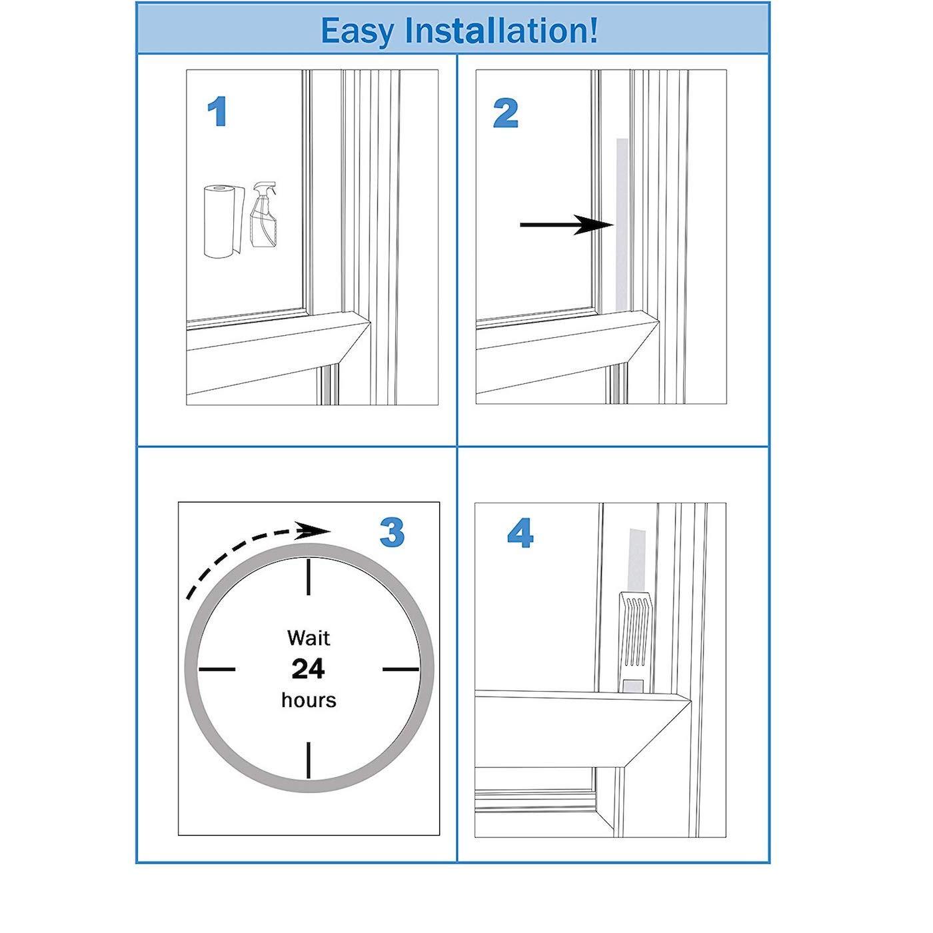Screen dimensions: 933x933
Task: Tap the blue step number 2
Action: (x=506, y=113)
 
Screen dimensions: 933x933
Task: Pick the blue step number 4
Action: (x=520, y=534)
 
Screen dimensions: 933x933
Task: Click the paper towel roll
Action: (x=220, y=221)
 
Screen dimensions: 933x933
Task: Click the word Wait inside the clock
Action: (x=309, y=638)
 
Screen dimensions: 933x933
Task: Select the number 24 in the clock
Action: (x=309, y=668)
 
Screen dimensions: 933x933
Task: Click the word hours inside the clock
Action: (x=309, y=700)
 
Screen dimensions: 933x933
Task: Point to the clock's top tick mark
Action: (x=309, y=577)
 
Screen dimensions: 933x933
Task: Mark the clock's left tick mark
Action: (x=217, y=668)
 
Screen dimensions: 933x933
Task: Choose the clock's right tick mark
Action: (x=401, y=668)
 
